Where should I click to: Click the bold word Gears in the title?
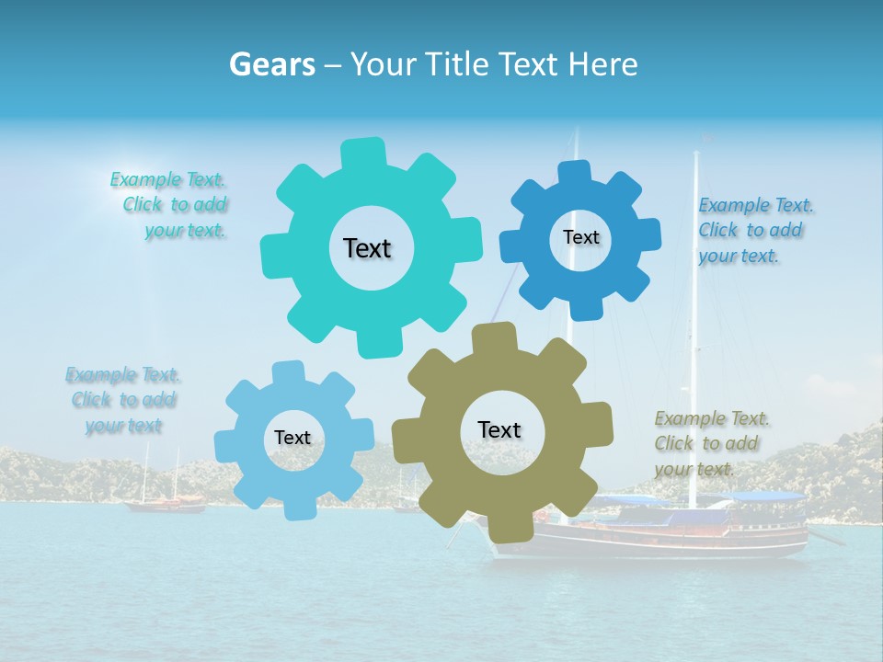[271, 64]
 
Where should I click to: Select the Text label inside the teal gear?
[367, 248]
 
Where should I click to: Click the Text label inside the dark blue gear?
[580, 237]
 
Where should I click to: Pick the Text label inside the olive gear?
[499, 429]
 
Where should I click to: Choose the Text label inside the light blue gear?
[292, 438]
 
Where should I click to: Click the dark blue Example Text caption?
[754, 230]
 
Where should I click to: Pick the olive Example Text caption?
[710, 443]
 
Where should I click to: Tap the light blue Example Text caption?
[123, 400]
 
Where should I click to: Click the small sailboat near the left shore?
[166, 502]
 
